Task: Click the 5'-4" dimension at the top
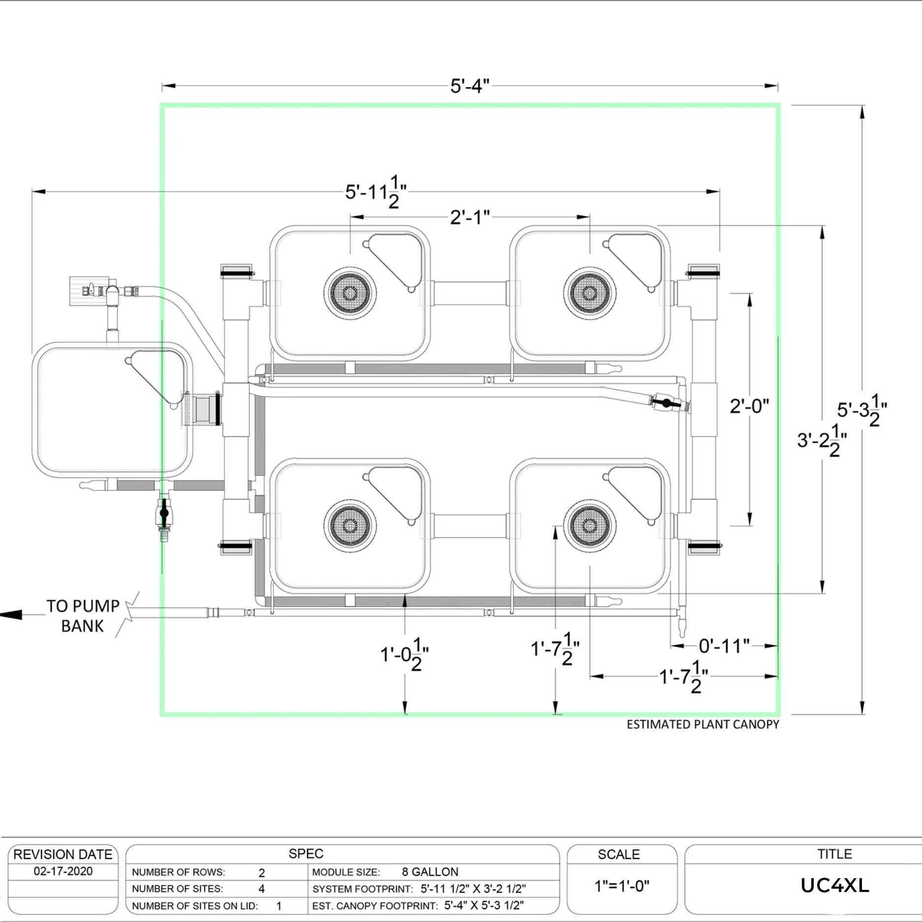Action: point(469,86)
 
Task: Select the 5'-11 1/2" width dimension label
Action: point(375,191)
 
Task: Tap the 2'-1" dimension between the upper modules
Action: point(469,217)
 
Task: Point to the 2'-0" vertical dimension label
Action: point(749,406)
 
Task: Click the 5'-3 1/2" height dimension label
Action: point(861,410)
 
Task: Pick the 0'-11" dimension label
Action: point(724,646)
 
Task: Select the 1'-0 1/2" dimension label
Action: point(404,655)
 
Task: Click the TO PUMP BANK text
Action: point(83,616)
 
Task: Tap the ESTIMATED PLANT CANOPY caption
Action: point(703,724)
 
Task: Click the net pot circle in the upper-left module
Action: point(350,293)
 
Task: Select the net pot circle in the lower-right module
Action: point(589,526)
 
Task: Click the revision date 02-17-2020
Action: point(63,871)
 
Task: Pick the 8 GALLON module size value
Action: point(430,872)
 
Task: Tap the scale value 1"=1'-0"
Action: point(621,886)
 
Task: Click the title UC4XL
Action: point(834,886)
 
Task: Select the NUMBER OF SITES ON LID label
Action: point(194,906)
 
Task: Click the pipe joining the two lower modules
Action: point(470,526)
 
